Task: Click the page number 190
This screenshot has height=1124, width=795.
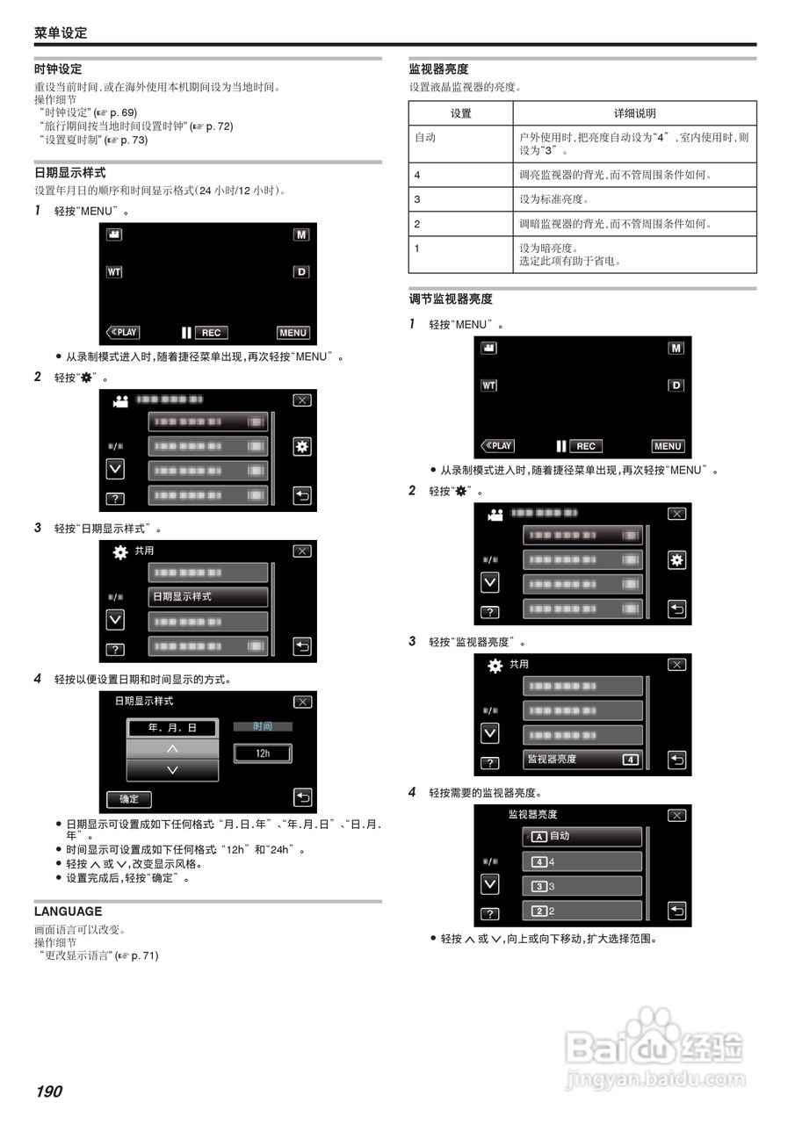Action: [x=49, y=1092]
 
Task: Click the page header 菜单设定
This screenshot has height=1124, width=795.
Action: [x=61, y=32]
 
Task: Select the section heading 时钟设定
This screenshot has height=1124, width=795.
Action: [x=58, y=68]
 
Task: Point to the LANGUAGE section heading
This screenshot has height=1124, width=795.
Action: [x=68, y=911]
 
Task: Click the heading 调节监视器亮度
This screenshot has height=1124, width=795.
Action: [x=451, y=299]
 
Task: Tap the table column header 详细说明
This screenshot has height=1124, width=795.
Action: [x=634, y=113]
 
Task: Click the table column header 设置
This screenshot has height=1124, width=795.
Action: [x=460, y=113]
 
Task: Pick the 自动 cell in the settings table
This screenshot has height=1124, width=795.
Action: [x=425, y=138]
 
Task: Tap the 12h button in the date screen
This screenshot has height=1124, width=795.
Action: [x=262, y=753]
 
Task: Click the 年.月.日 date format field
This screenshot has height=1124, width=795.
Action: [x=172, y=728]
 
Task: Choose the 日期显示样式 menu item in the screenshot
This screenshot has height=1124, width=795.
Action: [x=207, y=597]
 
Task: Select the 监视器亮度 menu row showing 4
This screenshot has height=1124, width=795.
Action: [x=582, y=759]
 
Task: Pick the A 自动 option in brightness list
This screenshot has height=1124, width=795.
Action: [x=582, y=837]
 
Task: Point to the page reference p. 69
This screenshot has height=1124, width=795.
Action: [x=122, y=112]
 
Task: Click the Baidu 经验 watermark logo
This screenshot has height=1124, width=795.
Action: [x=654, y=1049]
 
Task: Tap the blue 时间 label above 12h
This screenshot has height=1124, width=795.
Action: [x=262, y=726]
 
